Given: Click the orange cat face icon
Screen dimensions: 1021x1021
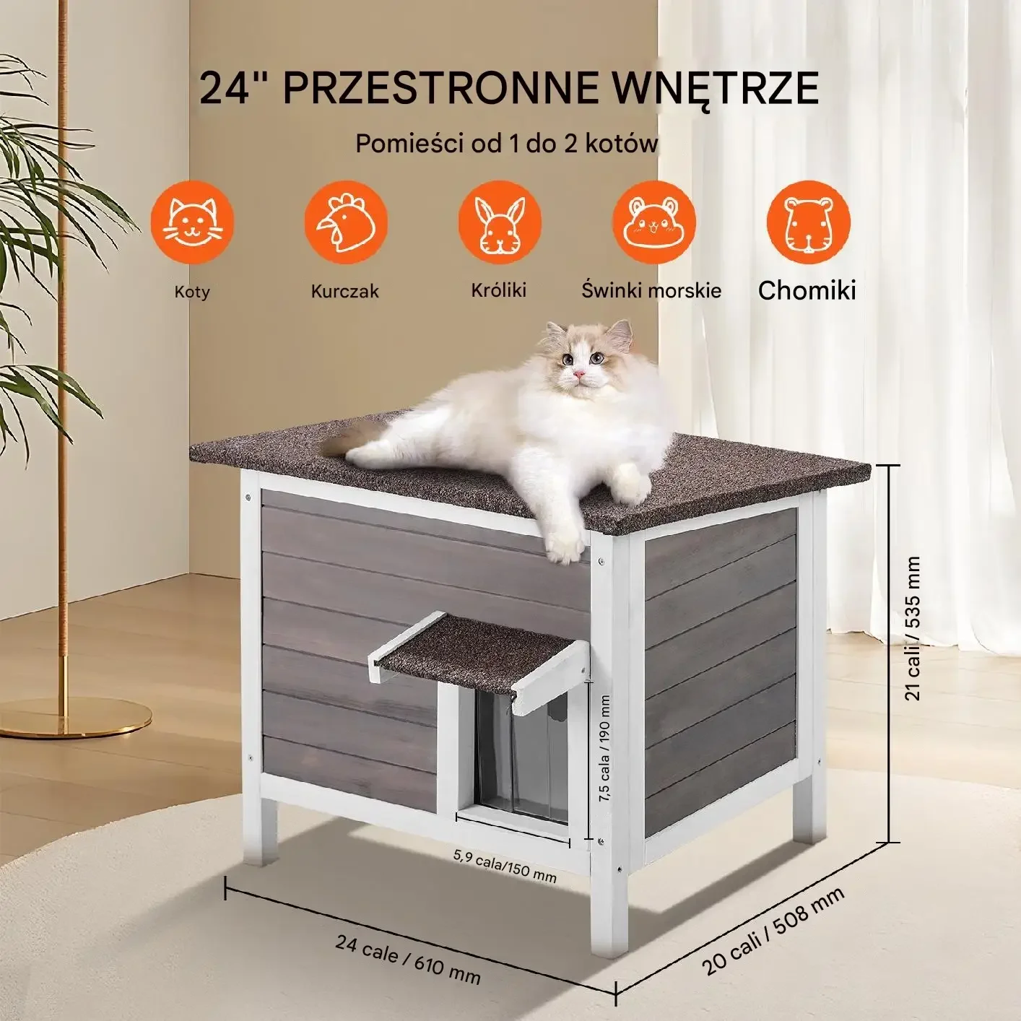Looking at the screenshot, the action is pyautogui.click(x=192, y=222).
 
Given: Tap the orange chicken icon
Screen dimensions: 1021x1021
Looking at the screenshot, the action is pyautogui.click(x=346, y=222).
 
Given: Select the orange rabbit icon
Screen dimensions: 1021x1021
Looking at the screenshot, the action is pyautogui.click(x=500, y=222).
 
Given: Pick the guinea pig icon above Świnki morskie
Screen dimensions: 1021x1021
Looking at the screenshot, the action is pyautogui.click(x=653, y=222).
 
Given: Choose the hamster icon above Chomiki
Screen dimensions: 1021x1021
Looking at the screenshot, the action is pyautogui.click(x=808, y=222).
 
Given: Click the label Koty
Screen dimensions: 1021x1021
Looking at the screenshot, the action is pyautogui.click(x=192, y=292).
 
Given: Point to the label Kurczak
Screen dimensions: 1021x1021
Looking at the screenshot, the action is pyautogui.click(x=345, y=291).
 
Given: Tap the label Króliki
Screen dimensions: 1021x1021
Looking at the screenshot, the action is pyautogui.click(x=498, y=290).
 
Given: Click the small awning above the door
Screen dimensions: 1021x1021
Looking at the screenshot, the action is pyautogui.click(x=479, y=656).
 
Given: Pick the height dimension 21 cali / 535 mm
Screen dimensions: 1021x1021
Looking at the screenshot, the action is pyautogui.click(x=913, y=629).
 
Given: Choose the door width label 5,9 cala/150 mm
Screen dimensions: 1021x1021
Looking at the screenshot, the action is pyautogui.click(x=505, y=866).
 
